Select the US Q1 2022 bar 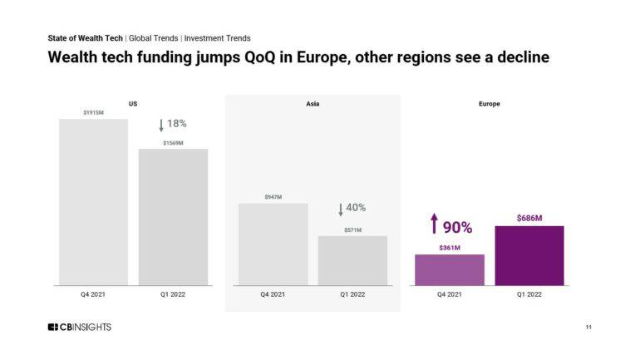click(173, 217)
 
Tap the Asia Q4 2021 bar click(273, 244)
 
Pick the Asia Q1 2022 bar click(352, 260)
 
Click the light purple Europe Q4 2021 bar click(450, 269)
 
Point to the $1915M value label click(93, 112)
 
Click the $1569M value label click(173, 143)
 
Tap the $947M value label click(273, 197)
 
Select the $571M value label click(352, 229)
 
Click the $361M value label click(450, 247)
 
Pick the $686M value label click(529, 218)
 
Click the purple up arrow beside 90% click(433, 224)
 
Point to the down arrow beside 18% click(161, 125)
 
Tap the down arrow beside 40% click(341, 209)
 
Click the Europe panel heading click(489, 104)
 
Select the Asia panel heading click(313, 104)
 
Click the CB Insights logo click(79, 327)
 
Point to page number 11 click(588, 328)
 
